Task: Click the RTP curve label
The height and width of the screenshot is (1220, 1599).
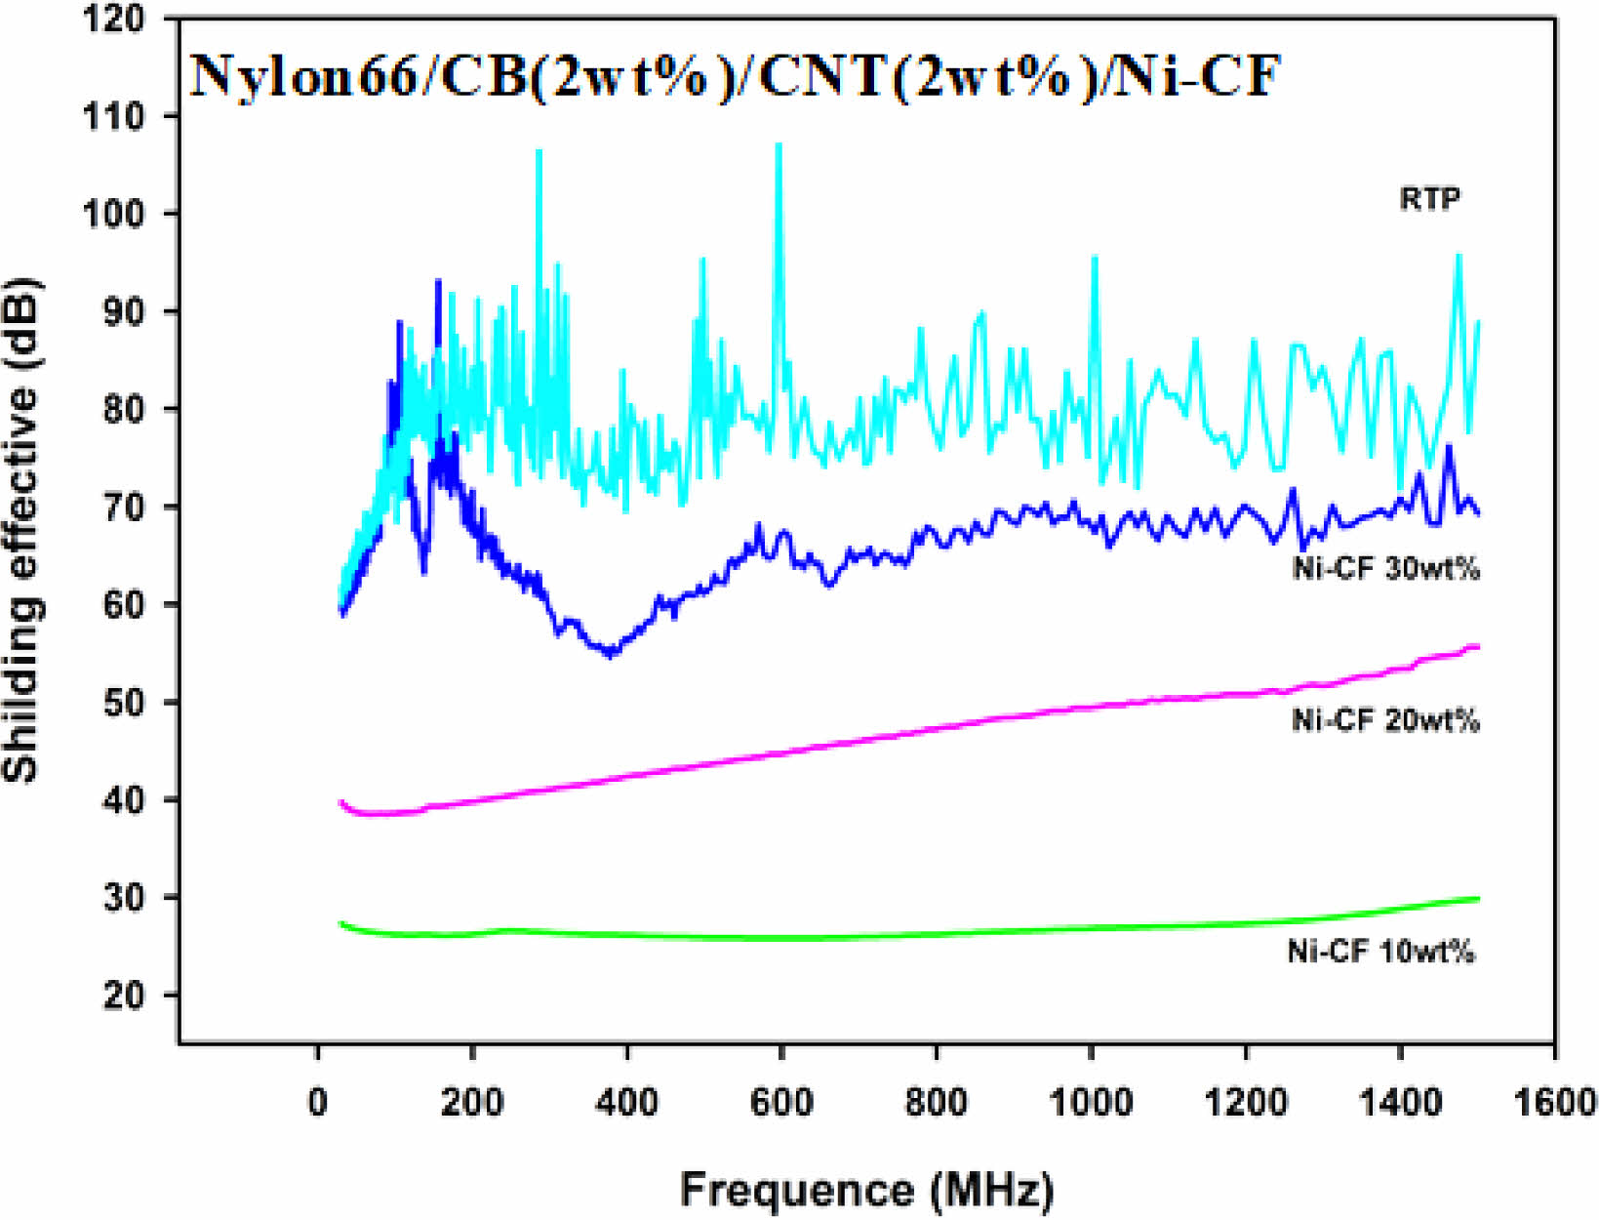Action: (x=1430, y=199)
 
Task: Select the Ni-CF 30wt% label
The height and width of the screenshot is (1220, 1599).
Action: (x=1385, y=568)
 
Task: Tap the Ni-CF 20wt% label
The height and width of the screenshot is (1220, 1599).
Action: (x=1385, y=720)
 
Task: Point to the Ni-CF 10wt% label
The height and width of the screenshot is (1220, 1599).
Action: (x=1380, y=951)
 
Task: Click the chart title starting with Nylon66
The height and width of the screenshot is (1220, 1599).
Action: (x=734, y=75)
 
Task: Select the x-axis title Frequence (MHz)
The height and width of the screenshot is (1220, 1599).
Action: (x=866, y=1190)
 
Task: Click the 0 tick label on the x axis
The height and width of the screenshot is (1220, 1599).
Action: (x=317, y=1102)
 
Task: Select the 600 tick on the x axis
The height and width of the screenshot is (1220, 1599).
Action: (x=781, y=1102)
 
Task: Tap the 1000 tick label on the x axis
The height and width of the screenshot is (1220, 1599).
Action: (x=1091, y=1102)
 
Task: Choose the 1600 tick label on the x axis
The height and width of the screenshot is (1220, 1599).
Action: (x=1555, y=1102)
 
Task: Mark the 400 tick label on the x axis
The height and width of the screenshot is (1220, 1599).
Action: (x=626, y=1102)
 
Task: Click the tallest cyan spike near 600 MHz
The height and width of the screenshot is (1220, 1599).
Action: (x=779, y=145)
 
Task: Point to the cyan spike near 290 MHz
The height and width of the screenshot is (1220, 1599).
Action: (x=539, y=152)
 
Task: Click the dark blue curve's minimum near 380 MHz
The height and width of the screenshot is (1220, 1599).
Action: (x=611, y=654)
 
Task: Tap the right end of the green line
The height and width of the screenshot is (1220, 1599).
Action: (x=1478, y=898)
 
